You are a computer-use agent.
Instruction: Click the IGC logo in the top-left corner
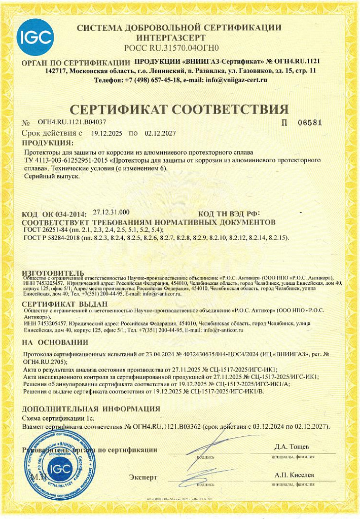(x=35, y=37)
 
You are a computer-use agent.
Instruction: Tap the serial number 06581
(x=309, y=123)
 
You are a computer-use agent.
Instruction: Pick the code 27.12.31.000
(x=112, y=212)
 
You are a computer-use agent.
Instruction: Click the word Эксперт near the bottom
(x=143, y=477)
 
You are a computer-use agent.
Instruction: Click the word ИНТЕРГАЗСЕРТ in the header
(x=171, y=38)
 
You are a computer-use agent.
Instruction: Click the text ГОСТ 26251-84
(x=45, y=230)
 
